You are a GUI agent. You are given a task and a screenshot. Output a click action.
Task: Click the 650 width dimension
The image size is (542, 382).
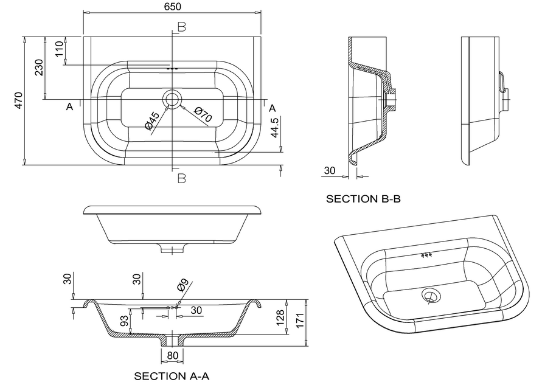tap(172, 6)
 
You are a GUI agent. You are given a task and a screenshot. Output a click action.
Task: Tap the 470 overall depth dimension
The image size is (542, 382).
tap(18, 100)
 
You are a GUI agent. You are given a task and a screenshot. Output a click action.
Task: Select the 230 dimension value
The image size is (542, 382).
tap(39, 67)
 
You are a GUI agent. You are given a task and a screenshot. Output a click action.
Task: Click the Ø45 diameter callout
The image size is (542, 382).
tap(152, 120)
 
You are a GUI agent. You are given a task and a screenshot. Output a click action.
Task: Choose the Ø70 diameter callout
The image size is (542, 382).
tap(202, 114)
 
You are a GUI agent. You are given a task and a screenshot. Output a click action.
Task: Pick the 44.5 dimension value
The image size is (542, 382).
tap(275, 129)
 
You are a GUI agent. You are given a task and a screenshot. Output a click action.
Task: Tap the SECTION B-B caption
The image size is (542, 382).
tap(363, 198)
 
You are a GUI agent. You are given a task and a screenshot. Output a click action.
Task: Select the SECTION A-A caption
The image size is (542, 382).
tap(172, 376)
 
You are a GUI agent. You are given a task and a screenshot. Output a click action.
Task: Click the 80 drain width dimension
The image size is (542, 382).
tap(172, 355)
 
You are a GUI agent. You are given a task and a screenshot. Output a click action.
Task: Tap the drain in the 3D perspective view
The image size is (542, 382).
tap(431, 296)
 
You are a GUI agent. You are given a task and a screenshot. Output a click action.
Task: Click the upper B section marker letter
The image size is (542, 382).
tap(181, 26)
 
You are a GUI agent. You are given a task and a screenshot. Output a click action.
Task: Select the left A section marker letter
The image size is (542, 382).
tap(70, 107)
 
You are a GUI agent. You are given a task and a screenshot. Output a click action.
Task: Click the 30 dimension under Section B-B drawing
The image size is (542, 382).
tap(330, 171)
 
